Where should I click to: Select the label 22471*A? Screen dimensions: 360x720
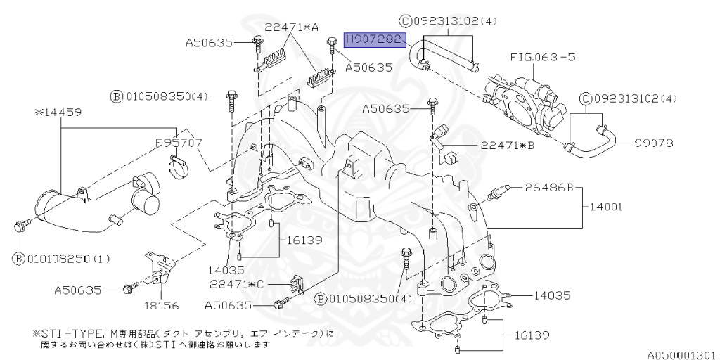(x=291, y=27)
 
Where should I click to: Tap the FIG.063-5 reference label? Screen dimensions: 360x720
(x=542, y=56)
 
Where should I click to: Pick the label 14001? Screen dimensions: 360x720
(x=606, y=207)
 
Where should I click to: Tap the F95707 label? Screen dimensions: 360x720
(x=179, y=143)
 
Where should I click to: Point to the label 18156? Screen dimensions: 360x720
(x=162, y=306)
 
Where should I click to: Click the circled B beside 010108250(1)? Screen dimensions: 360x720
(x=17, y=259)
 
